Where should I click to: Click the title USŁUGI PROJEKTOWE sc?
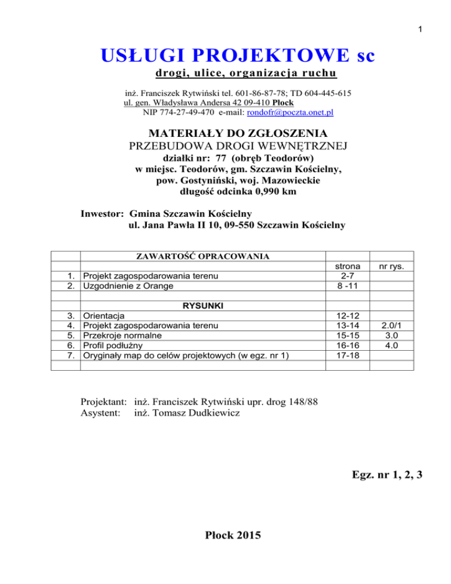238,58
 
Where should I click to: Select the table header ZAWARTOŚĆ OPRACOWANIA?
203,256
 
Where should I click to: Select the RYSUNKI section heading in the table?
203,306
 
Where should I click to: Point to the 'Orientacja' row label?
103,316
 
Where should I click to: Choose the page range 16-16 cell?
348,345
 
